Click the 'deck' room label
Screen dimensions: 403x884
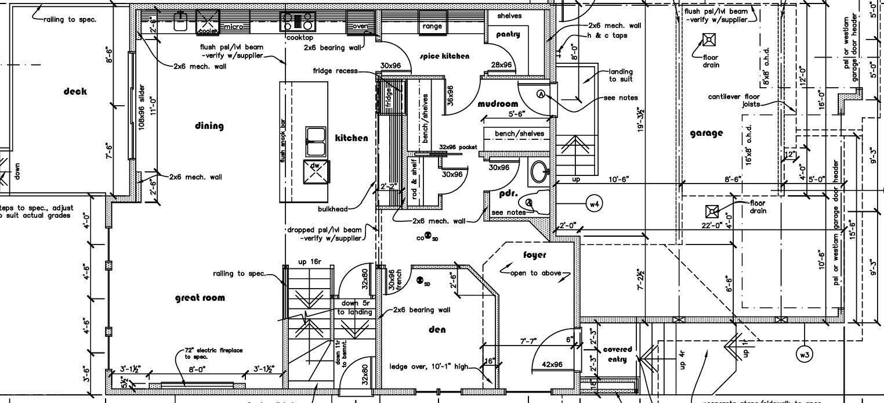(75, 91)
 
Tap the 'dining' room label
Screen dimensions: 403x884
(209, 125)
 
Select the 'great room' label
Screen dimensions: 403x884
(200, 298)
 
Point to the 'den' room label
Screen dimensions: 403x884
(437, 330)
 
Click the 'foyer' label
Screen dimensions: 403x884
(534, 255)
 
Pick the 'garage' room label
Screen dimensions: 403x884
(707, 133)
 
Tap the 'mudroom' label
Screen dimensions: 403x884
(498, 104)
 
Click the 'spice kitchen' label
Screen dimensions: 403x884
(444, 56)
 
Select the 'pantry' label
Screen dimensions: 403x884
(508, 34)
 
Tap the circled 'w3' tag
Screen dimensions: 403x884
(805, 354)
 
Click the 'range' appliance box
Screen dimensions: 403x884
(432, 26)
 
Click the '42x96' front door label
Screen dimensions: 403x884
(552, 365)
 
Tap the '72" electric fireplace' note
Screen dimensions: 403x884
(213, 353)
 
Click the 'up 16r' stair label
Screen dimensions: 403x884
(309, 262)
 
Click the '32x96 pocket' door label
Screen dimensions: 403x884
(458, 147)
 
